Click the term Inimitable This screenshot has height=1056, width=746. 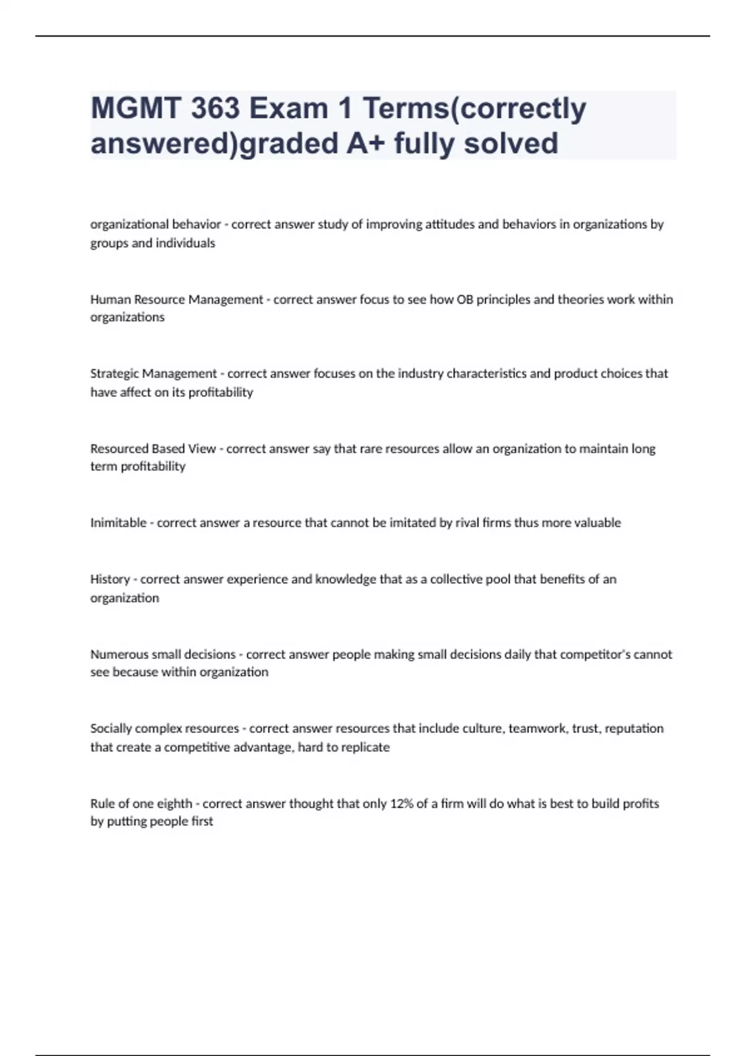click(x=118, y=523)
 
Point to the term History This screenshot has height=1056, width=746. click(x=110, y=580)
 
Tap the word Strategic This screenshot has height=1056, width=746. click(x=114, y=374)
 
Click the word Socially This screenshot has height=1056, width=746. click(x=111, y=729)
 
